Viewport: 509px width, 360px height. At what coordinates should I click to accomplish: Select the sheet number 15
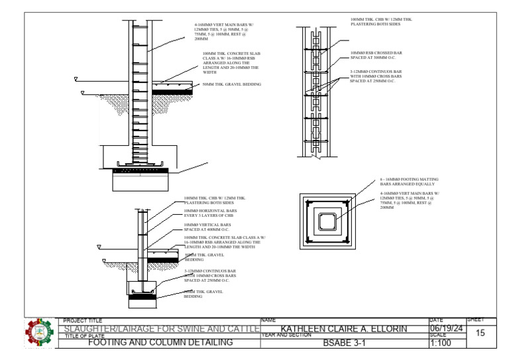click(x=481, y=333)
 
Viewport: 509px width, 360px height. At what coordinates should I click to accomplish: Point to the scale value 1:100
click(x=441, y=343)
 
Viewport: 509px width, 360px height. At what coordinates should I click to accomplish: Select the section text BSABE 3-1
click(x=344, y=343)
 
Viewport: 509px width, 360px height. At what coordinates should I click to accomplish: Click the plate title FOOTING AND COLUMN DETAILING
click(x=160, y=343)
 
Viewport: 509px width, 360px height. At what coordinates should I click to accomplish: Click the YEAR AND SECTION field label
click(x=285, y=335)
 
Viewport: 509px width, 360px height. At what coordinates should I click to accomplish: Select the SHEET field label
click(x=476, y=320)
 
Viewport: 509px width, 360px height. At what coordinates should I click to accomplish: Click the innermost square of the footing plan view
click(x=327, y=221)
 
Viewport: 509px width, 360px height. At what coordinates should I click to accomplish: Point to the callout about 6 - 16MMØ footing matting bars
click(x=408, y=181)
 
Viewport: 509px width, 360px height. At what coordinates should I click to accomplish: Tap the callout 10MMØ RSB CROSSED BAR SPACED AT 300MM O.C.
click(x=376, y=55)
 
